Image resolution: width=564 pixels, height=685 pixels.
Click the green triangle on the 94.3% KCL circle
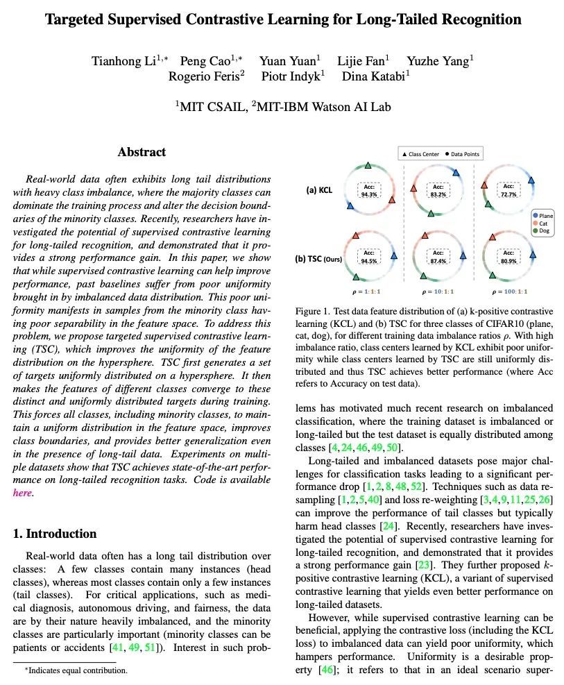pyautogui.click(x=368, y=166)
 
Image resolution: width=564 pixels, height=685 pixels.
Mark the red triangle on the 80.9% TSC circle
pyautogui.click(x=493, y=237)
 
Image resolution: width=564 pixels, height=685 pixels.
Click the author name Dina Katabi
pyautogui.click(x=375, y=76)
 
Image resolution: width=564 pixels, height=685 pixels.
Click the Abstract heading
pyautogui.click(x=142, y=152)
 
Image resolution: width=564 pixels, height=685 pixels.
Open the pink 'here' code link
pyautogui.click(x=23, y=493)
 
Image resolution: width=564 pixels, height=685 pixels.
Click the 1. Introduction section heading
pyautogui.click(x=55, y=534)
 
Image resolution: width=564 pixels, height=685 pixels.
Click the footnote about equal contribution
pyautogui.click(x=76, y=670)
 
